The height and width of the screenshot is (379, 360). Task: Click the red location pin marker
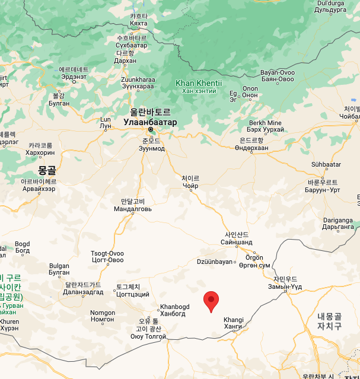point(211,301)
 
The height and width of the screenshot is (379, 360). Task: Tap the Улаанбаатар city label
point(150,121)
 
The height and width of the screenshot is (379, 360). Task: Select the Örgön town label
point(254,257)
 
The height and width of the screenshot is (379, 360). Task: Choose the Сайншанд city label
point(236,242)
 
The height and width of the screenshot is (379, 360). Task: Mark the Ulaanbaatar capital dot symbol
point(151,129)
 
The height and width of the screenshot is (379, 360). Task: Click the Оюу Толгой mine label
point(148,336)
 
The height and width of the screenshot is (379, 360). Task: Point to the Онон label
point(250,95)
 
